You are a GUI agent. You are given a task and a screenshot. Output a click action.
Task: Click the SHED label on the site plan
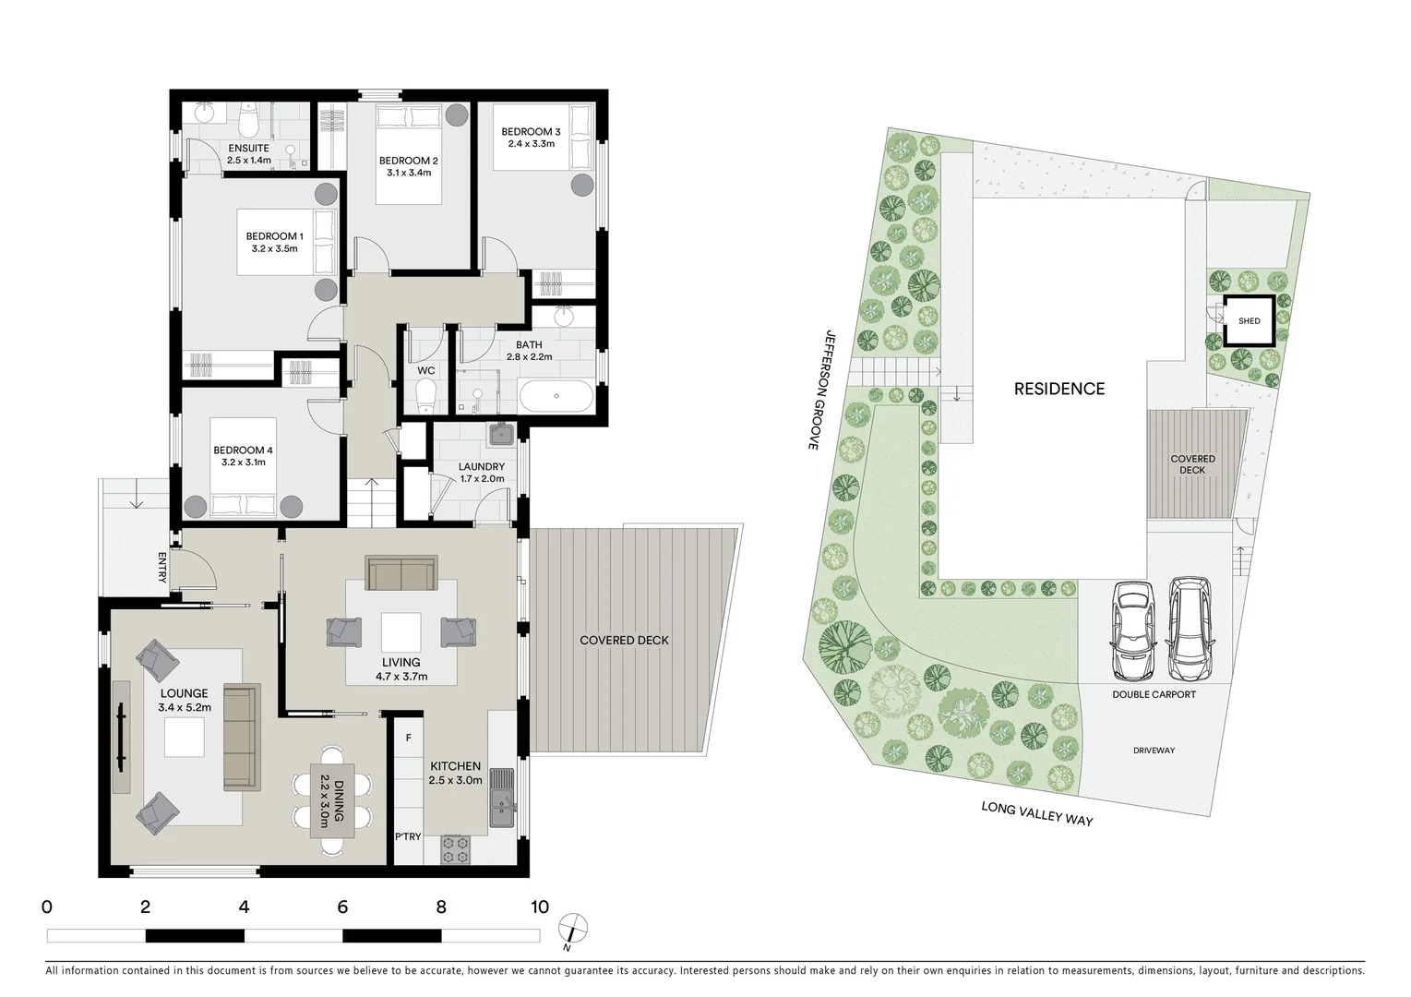(1249, 321)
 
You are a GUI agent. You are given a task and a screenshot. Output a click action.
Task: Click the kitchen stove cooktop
(455, 849)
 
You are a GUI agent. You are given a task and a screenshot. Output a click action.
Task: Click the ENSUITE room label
(248, 153)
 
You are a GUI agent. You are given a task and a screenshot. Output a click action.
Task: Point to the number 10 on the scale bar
(539, 907)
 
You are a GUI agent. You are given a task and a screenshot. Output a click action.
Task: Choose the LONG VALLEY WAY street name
(1036, 813)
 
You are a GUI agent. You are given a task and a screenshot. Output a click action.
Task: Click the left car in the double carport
(1132, 630)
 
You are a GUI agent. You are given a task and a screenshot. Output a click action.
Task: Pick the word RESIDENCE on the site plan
(1058, 389)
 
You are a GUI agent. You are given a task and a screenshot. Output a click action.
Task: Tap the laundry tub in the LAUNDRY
(501, 436)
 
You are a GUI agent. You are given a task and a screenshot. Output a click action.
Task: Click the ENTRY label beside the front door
(163, 568)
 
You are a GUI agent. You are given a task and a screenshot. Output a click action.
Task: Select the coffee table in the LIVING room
(401, 633)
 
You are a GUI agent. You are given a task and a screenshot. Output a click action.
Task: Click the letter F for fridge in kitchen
(408, 738)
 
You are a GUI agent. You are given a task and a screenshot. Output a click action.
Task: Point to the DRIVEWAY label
(1154, 751)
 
